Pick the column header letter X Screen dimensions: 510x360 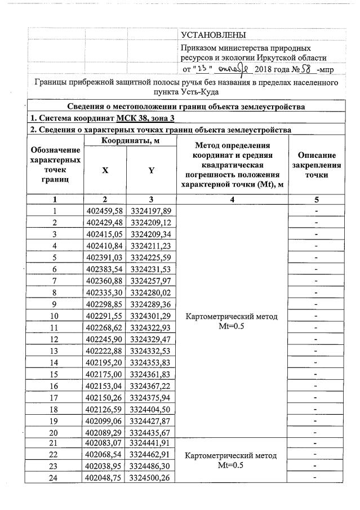click(105, 171)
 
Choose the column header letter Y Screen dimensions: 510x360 click(151, 171)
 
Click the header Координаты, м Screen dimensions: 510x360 click(128, 141)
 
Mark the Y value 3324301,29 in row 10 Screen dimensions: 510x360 click(151, 316)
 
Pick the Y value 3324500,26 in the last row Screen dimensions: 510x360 click(151, 478)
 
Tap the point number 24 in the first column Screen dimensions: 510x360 click(55, 478)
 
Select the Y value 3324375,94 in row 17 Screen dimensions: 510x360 click(151, 397)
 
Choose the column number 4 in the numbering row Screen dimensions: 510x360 click(232, 199)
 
